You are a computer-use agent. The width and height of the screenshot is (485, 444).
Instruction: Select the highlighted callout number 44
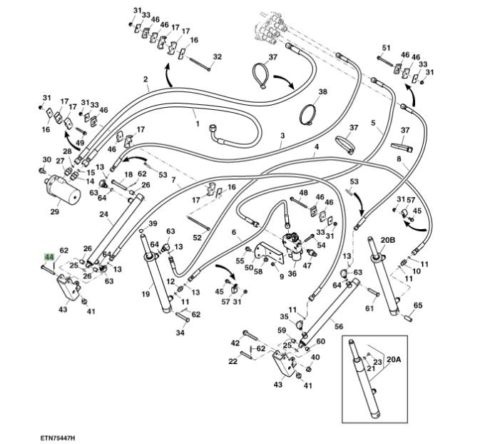[x=49, y=257]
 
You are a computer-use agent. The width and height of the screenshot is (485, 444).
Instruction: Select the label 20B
[x=387, y=240]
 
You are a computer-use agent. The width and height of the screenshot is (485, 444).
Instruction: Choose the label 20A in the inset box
[x=394, y=359]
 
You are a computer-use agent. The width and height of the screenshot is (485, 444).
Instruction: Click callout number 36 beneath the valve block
[x=292, y=273]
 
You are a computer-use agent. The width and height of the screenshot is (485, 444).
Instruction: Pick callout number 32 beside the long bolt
[x=218, y=56]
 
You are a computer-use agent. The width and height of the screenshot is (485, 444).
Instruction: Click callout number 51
[x=386, y=47]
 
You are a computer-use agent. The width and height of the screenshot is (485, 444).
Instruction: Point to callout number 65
[x=418, y=305]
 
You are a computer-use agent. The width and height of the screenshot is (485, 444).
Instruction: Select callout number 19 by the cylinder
[x=145, y=294]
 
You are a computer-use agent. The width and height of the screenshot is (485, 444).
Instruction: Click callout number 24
[x=103, y=214]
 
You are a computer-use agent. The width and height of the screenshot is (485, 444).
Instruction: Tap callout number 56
[x=339, y=326]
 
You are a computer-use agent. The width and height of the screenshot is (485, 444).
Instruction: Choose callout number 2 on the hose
[x=145, y=79]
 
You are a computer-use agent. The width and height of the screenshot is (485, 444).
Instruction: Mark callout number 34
[x=180, y=333]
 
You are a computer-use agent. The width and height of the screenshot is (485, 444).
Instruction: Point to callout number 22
[x=233, y=361]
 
